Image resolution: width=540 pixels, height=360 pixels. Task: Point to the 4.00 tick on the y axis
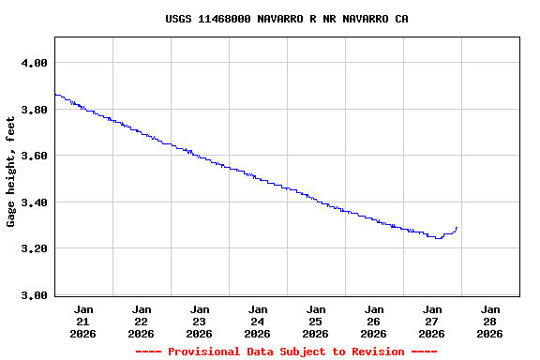(35, 63)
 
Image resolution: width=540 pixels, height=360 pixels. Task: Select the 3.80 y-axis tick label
(35, 110)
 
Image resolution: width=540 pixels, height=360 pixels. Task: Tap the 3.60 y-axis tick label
(35, 156)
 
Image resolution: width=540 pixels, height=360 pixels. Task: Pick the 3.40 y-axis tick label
(35, 202)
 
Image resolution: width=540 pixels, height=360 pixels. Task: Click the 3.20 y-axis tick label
(35, 248)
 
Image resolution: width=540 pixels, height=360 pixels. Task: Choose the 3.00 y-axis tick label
(35, 295)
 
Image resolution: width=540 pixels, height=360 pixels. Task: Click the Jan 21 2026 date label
(83, 321)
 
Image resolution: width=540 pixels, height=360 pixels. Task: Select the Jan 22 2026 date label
(142, 321)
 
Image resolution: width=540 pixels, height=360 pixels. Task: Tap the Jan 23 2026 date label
(200, 321)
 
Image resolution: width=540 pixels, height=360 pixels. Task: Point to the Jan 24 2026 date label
(258, 321)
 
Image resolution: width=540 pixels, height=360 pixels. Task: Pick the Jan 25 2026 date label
(316, 321)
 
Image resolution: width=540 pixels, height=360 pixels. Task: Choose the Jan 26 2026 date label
(374, 321)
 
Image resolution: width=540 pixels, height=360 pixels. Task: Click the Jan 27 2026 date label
(432, 321)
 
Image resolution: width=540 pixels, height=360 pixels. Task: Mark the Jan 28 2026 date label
(490, 321)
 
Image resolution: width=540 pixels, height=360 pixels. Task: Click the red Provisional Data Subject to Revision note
(286, 352)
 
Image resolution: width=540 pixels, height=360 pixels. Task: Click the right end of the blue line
(457, 227)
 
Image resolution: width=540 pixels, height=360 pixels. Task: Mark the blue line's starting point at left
(55, 94)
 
